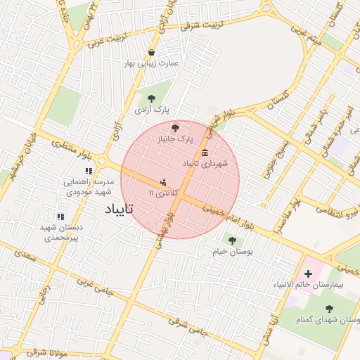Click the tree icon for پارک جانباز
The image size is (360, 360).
coord(175,128)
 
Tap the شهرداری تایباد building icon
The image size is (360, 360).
coord(205,153)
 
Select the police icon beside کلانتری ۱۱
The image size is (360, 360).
coord(165,181)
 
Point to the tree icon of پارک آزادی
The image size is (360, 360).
coord(152,98)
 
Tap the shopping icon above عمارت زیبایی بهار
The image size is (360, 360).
coord(152,53)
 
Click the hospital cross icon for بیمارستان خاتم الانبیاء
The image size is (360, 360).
coord(308,273)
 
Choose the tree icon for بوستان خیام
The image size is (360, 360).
coord(232,240)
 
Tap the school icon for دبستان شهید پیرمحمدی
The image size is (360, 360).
coord(60,217)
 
